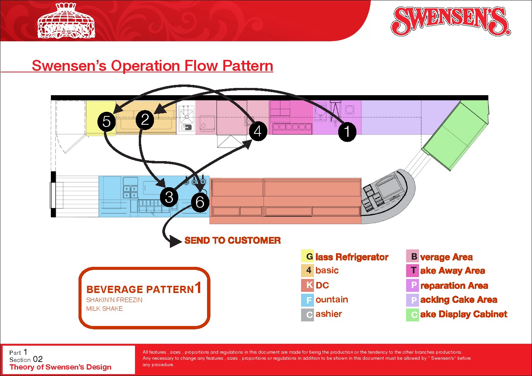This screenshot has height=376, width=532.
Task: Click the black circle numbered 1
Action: click(347, 132)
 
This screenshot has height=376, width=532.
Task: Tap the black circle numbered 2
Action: click(145, 119)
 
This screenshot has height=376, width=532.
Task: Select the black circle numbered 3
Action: click(169, 197)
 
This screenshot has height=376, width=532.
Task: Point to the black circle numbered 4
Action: click(258, 131)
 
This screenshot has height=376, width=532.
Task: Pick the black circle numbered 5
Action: click(107, 121)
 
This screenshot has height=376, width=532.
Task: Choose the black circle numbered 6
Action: click(200, 202)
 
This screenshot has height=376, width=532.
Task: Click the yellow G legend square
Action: click(308, 257)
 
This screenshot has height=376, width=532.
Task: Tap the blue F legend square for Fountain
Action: click(308, 300)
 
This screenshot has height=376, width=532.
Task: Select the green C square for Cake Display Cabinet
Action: click(413, 315)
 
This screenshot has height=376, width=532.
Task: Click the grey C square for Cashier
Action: click(308, 315)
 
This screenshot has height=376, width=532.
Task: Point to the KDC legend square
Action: click(308, 285)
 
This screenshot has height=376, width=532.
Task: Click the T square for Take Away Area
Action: click(413, 271)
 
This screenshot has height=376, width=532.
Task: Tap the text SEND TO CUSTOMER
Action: click(232, 240)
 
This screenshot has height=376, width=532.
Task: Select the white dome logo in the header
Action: click(66, 21)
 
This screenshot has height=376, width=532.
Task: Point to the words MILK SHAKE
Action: click(104, 309)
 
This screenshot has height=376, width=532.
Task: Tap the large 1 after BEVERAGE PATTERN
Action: click(198, 288)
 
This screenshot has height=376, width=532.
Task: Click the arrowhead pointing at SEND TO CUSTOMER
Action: click(176, 241)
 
